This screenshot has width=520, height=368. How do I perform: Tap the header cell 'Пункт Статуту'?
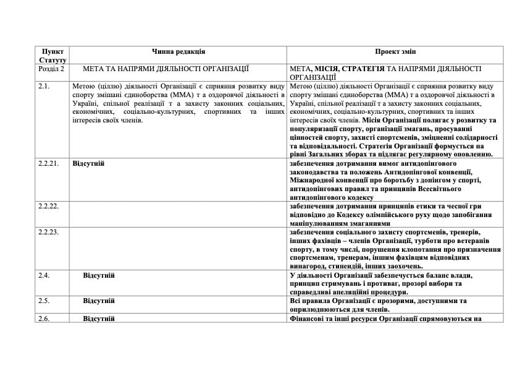coord(52,56)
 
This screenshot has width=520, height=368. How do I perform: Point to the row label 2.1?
coord(43,85)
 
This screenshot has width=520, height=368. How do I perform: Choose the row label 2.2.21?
coord(48,163)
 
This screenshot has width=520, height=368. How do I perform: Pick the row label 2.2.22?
coord(48,206)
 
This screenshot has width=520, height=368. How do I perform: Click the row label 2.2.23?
coord(48,232)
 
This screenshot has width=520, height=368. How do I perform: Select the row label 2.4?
coord(43,275)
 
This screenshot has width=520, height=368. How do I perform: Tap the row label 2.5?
coord(43,301)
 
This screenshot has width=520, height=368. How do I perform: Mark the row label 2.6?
coord(43,318)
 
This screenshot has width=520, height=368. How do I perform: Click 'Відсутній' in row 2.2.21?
coord(88,163)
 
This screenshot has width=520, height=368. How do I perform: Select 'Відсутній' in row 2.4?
coord(99,275)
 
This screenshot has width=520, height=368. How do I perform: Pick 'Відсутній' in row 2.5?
coord(99,301)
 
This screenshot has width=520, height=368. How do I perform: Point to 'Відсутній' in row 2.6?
coord(99,318)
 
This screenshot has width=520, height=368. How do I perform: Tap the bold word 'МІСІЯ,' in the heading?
coord(327,68)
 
